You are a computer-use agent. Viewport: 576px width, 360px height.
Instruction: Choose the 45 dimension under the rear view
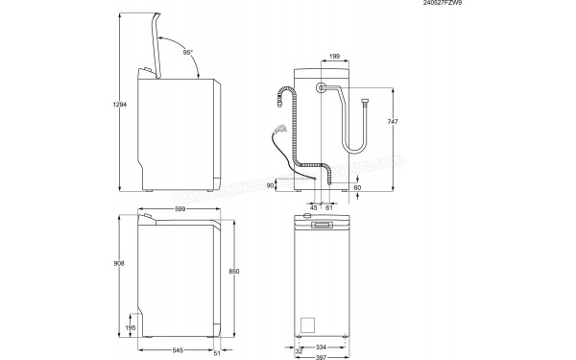point(313,206)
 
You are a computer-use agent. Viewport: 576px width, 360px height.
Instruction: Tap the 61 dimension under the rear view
point(328,206)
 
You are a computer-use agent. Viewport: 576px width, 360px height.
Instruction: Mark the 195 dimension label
point(131,328)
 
